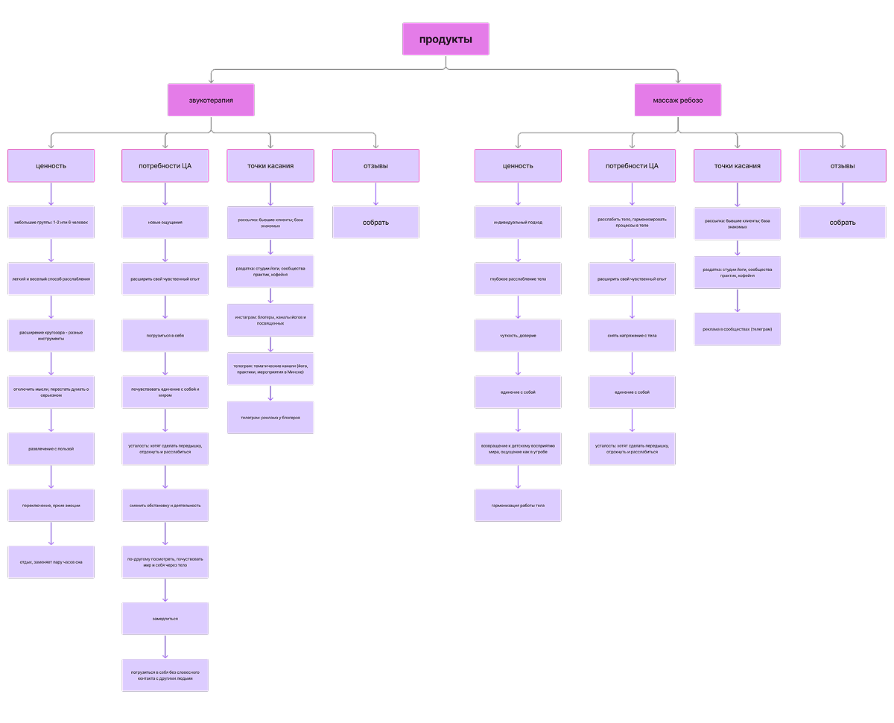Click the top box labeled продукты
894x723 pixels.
tap(446, 39)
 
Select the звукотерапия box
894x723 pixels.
tap(211, 100)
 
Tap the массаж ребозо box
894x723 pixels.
tap(677, 100)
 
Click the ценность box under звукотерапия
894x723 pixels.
tap(51, 165)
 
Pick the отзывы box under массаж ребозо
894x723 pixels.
tap(843, 165)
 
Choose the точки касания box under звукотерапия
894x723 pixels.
tap(270, 165)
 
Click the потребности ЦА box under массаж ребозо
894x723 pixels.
tap(632, 165)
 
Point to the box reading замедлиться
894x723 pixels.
tap(165, 618)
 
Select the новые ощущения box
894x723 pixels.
tap(165, 222)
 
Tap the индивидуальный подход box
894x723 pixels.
tap(518, 222)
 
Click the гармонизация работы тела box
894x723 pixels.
tap(518, 505)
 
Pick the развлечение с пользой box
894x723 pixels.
tap(51, 448)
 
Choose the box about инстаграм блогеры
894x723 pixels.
tap(270, 320)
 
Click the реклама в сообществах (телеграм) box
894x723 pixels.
tap(738, 329)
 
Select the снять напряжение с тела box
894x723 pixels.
tap(632, 335)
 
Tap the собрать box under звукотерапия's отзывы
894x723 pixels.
tap(375, 222)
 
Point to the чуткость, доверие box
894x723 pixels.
tap(518, 335)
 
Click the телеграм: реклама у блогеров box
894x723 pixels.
tap(270, 417)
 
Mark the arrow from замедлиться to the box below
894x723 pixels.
tap(165, 646)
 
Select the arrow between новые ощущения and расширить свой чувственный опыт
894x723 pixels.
tap(165, 250)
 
